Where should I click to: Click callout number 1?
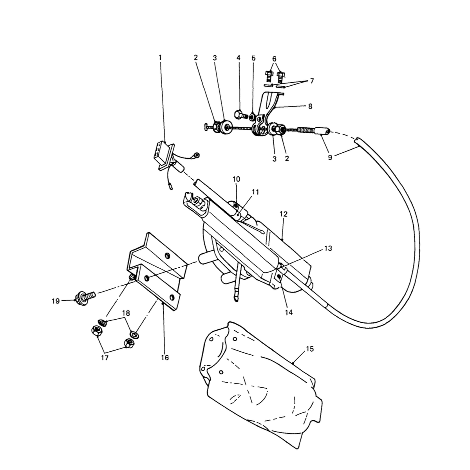[x=160, y=58]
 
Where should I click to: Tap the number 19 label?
[x=56, y=301]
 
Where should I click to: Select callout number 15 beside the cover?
[x=309, y=349]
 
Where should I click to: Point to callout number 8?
[x=310, y=107]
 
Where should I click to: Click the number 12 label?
[x=284, y=214]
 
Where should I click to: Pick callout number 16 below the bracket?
[x=165, y=358]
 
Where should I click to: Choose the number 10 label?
[x=236, y=179]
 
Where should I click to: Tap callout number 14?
[x=289, y=313]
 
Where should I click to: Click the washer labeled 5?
[x=253, y=116]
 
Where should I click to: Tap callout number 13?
[x=328, y=248]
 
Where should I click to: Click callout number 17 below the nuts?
[x=105, y=358]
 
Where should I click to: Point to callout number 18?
[x=126, y=313]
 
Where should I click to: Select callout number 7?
[x=312, y=81]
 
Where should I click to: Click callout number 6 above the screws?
[x=274, y=59]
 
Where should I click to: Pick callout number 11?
[x=255, y=192]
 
